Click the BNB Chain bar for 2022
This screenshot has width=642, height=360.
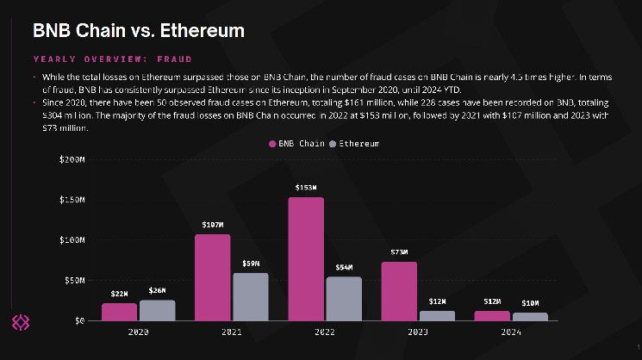[306, 258]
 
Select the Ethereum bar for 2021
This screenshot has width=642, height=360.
[251, 297]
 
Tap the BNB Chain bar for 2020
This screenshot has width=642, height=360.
[120, 312]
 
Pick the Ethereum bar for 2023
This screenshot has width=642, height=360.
[436, 315]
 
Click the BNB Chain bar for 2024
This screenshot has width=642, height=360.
[492, 315]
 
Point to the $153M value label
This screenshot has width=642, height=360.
[306, 188]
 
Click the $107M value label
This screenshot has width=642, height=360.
[213, 225]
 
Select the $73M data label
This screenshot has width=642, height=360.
[399, 252]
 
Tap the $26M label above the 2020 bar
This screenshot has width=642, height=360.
[157, 290]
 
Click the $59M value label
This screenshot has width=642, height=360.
[251, 264]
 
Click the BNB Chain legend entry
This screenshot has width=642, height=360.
[297, 143]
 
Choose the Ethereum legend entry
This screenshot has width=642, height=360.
[353, 143]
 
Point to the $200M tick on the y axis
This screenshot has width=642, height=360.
[72, 160]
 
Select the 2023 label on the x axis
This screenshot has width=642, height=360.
[418, 332]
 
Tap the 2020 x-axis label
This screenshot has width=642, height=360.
[138, 332]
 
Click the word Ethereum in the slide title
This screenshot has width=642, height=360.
[197, 31]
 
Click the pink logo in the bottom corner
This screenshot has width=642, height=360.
[20, 322]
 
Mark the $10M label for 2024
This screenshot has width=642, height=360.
[529, 303]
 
